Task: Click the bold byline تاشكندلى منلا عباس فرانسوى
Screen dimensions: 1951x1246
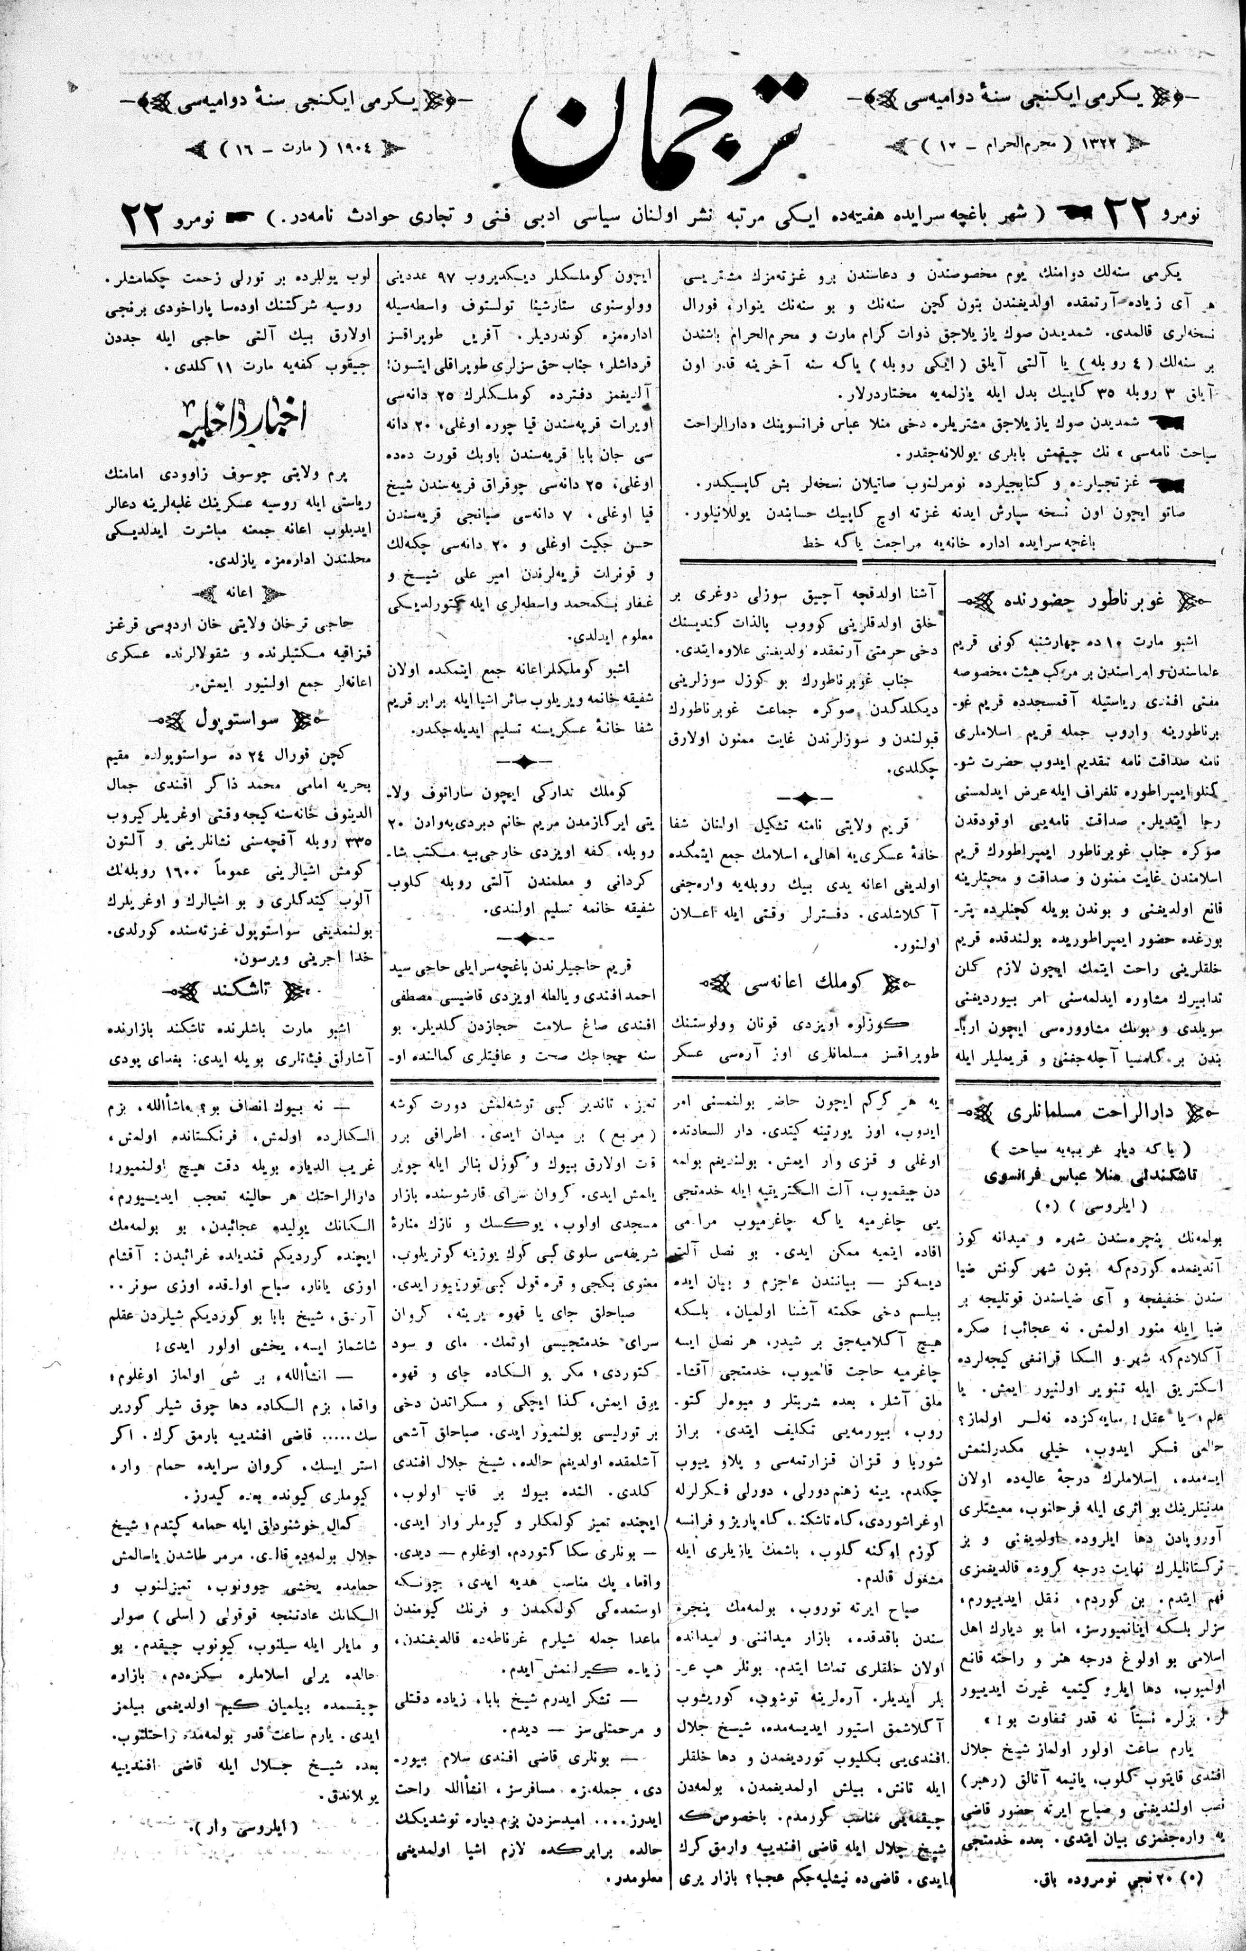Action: [1089, 1175]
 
